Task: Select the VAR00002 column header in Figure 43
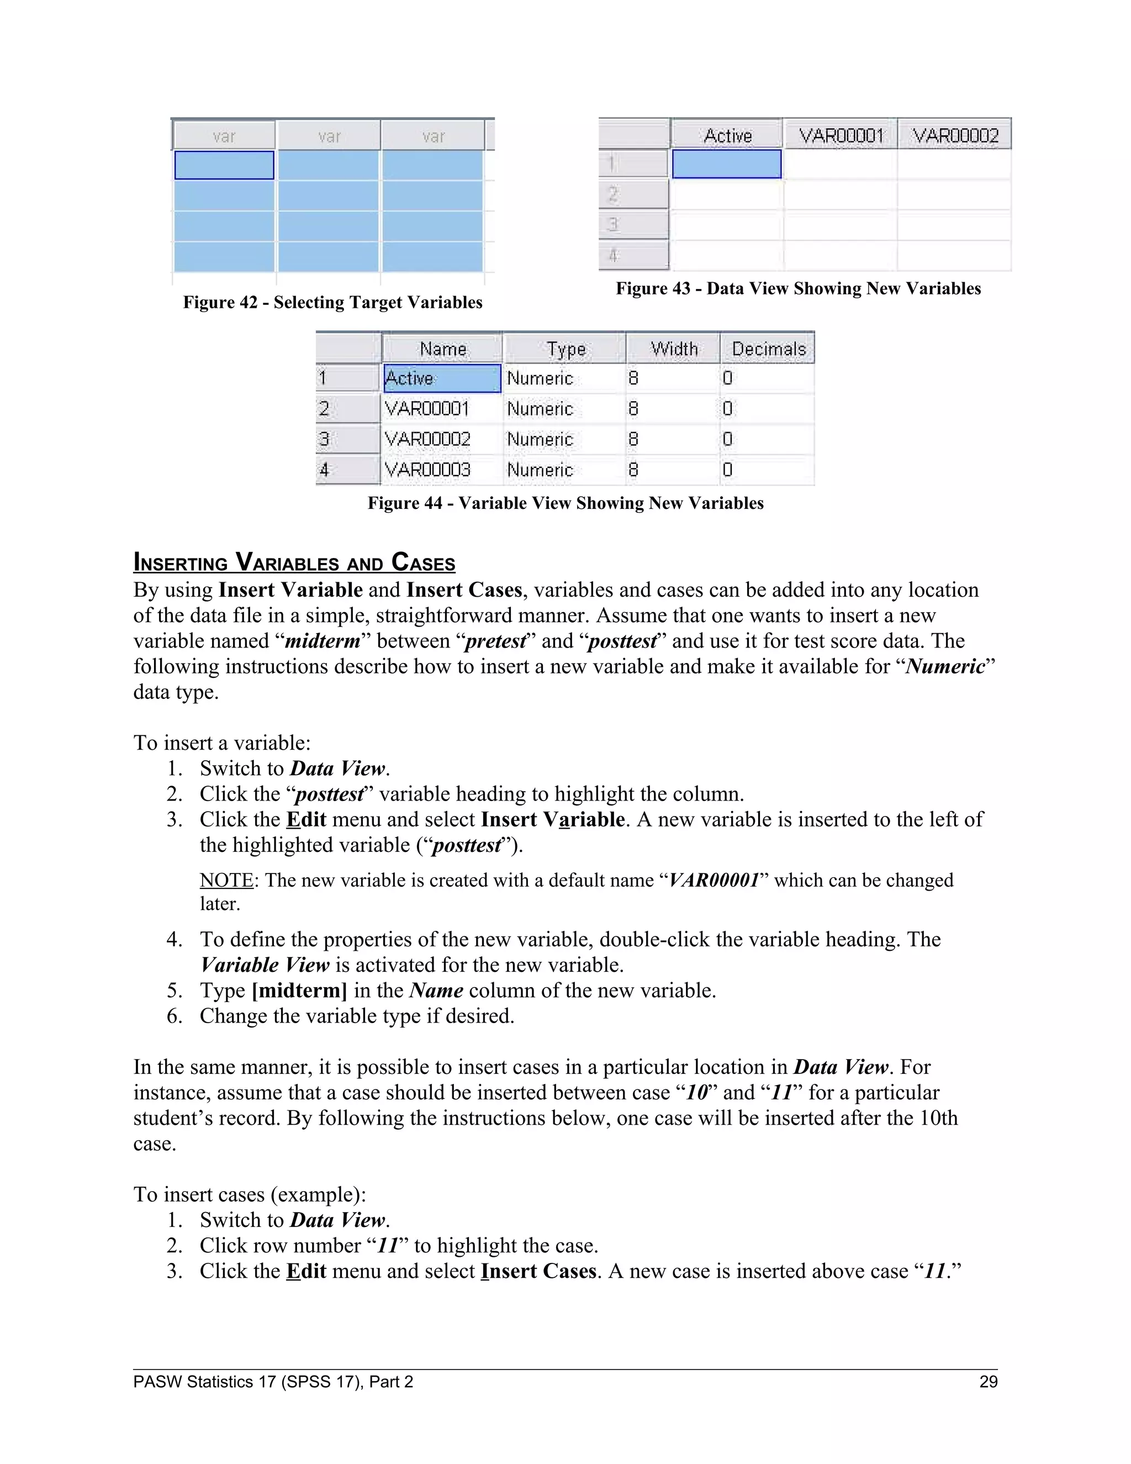[x=955, y=135]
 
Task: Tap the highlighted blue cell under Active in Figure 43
[x=727, y=164]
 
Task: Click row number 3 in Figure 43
[x=633, y=224]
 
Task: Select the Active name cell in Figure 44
[x=442, y=378]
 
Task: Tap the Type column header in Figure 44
[x=565, y=349]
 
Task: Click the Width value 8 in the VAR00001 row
[x=633, y=408]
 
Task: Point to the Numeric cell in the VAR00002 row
[x=540, y=439]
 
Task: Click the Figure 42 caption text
[x=332, y=302]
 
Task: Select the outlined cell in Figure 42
[x=224, y=165]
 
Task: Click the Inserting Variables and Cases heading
[x=294, y=562]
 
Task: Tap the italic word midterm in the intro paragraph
[x=323, y=641]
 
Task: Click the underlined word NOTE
[x=226, y=880]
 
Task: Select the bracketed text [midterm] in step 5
[x=299, y=990]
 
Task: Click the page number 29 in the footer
[x=989, y=1382]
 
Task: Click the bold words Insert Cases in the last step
[x=538, y=1271]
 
